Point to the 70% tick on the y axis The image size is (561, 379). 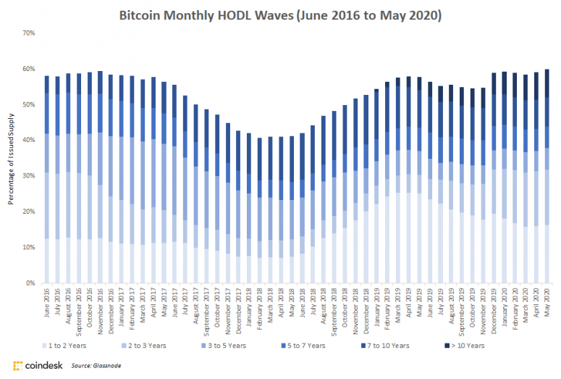coord(28,33)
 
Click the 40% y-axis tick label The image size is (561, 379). coord(28,141)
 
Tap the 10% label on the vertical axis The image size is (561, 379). coord(28,248)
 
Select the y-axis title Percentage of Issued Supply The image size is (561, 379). coord(12,157)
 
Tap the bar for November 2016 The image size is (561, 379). coord(100,177)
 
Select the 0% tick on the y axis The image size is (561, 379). coord(30,283)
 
